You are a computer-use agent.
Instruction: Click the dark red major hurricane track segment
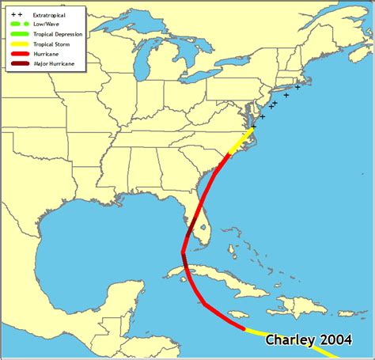click(x=185, y=261)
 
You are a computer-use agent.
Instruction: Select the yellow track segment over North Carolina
click(x=237, y=144)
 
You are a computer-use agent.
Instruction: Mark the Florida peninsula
click(x=202, y=225)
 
